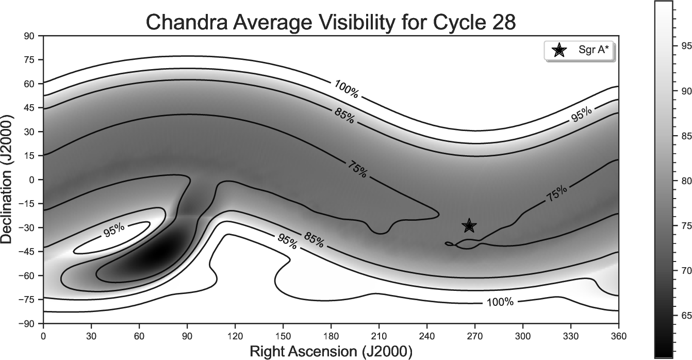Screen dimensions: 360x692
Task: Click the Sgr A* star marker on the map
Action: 469,225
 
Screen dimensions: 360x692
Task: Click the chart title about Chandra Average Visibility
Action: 331,23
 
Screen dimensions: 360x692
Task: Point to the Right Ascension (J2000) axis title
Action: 331,352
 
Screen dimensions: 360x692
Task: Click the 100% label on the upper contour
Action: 347,89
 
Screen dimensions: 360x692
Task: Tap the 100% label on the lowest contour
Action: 500,302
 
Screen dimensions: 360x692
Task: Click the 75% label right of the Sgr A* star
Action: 557,193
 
